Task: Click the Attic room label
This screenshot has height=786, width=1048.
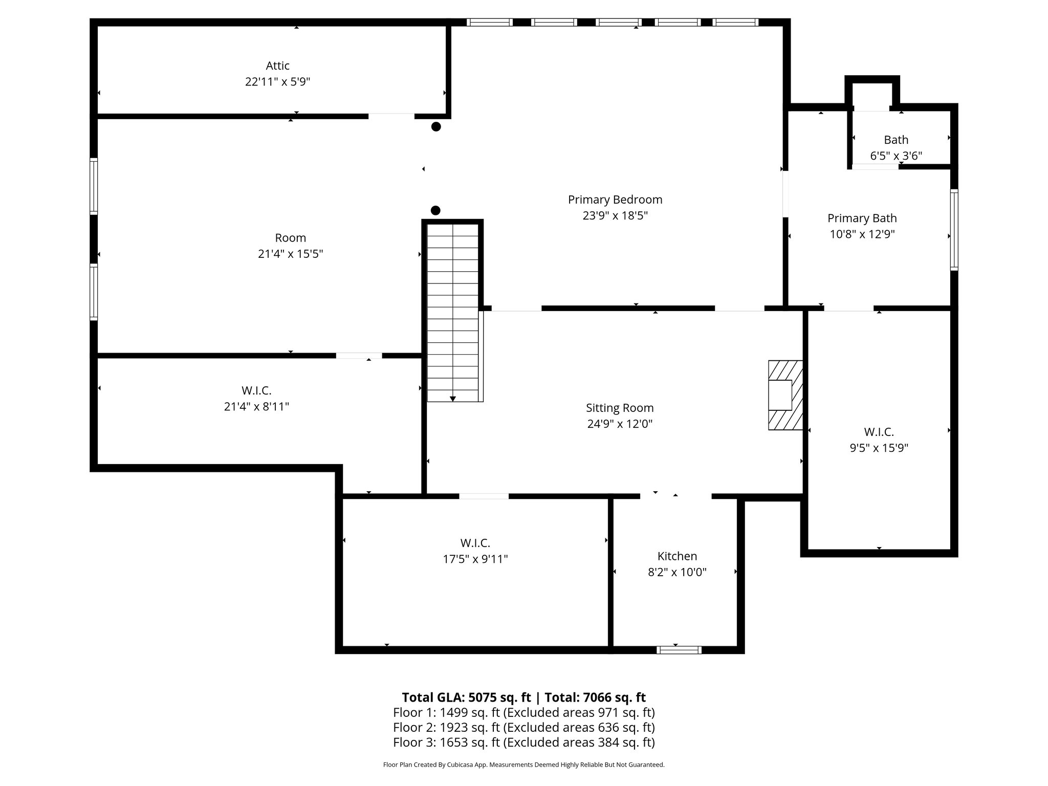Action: click(277, 65)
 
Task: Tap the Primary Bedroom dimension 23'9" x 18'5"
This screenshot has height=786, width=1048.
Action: click(615, 215)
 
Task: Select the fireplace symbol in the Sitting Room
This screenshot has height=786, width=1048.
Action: click(784, 395)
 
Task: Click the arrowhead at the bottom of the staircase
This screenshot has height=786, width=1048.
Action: click(453, 398)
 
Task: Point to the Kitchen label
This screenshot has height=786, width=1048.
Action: click(677, 556)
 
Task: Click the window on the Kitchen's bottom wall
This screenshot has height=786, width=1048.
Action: click(679, 650)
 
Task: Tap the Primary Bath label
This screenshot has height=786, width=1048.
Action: click(862, 218)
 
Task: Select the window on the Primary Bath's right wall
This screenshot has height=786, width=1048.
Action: click(954, 230)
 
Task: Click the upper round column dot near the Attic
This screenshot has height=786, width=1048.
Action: click(436, 126)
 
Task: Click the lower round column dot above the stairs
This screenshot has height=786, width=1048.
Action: click(435, 210)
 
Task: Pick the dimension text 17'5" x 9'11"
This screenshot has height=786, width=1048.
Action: click(475, 559)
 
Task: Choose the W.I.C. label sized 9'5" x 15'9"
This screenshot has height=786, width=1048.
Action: click(879, 432)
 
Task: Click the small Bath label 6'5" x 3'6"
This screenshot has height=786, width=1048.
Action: click(896, 140)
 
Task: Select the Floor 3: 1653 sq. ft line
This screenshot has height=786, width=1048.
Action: click(523, 742)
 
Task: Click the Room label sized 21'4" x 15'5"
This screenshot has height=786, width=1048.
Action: click(290, 237)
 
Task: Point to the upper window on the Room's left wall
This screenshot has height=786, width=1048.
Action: click(94, 186)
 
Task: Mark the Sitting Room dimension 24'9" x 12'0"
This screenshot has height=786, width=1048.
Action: click(620, 424)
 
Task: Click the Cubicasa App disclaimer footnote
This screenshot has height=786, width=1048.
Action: click(523, 765)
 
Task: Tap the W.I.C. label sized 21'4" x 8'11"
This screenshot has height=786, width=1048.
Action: click(256, 390)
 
